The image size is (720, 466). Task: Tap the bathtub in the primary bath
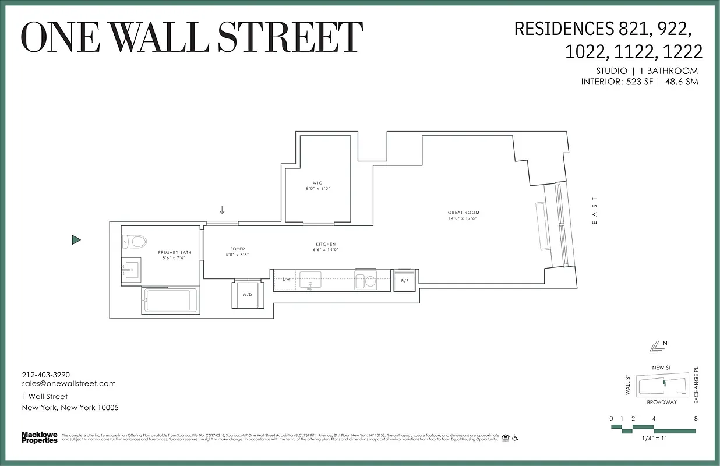tap(168, 301)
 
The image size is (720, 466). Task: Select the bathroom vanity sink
tap(131, 269)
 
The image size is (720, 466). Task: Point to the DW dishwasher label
tap(286, 280)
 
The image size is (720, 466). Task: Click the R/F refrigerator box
tap(405, 280)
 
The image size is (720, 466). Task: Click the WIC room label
tap(317, 183)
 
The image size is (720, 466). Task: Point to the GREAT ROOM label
tap(464, 213)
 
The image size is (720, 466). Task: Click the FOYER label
tap(238, 249)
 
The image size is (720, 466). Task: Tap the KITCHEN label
tap(326, 244)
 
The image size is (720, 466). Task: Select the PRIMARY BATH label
tap(175, 253)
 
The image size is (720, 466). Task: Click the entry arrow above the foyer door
tap(222, 210)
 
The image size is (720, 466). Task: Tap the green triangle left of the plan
tap(76, 239)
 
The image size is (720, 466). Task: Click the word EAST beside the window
tap(594, 211)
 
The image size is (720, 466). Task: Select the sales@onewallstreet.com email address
tap(69, 383)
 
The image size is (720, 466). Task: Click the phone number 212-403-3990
tap(45, 375)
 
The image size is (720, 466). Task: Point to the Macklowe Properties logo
tap(40, 437)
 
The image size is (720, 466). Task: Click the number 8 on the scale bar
tap(696, 418)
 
